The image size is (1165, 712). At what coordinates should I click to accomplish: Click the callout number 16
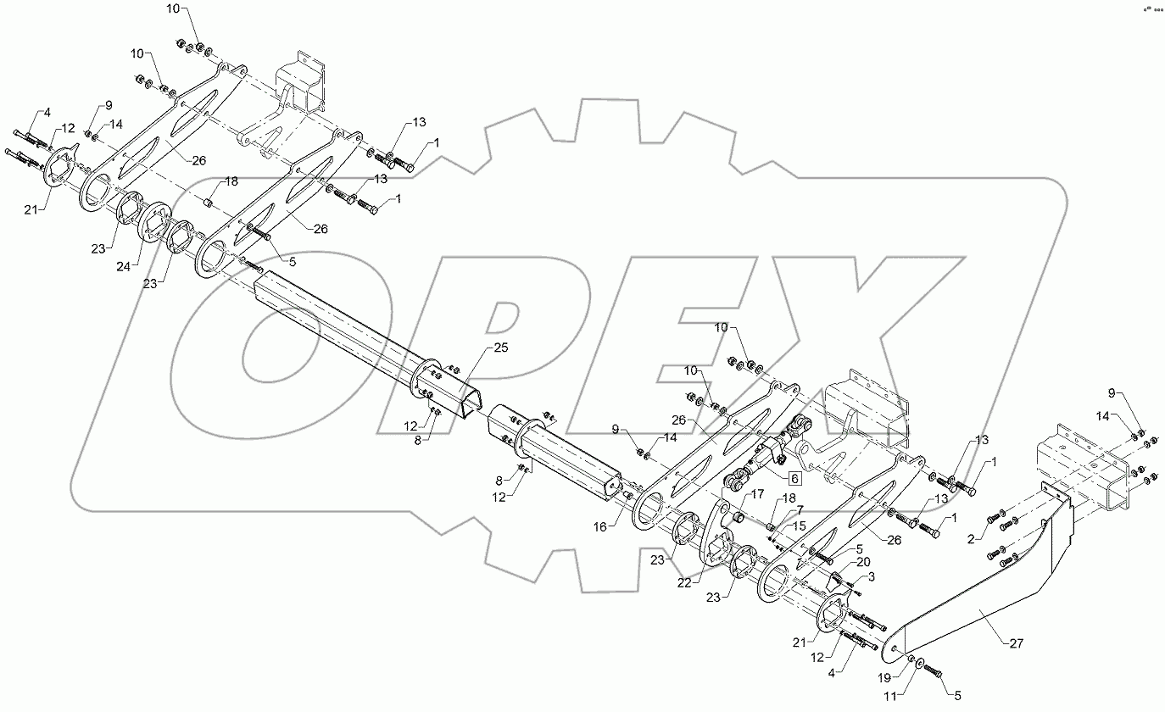click(x=599, y=526)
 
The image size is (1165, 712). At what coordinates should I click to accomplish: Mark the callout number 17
click(x=756, y=494)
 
